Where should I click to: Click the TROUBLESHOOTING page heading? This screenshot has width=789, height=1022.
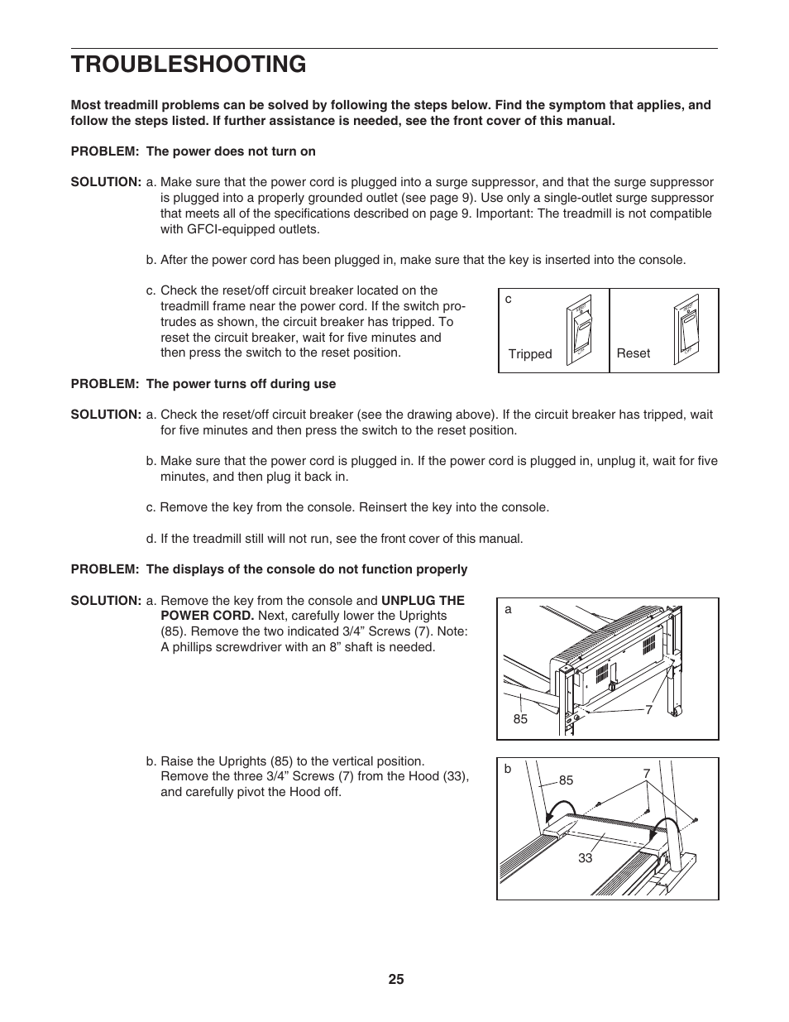point(189,64)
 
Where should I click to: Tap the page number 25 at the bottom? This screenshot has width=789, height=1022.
point(395,979)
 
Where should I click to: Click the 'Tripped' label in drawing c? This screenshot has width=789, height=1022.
point(529,354)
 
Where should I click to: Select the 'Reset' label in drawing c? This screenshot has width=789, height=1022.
point(634,353)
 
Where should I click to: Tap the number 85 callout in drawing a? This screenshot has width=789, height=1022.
point(519,719)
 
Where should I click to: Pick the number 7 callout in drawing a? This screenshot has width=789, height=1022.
point(649,710)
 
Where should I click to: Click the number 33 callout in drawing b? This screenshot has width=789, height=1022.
point(586,858)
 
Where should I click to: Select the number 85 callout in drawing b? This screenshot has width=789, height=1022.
point(566,780)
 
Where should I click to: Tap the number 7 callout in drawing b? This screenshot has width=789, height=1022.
point(647,774)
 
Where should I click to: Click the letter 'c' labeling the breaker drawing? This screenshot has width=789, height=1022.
point(509,299)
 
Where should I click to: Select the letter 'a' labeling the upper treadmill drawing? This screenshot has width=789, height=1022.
point(508,609)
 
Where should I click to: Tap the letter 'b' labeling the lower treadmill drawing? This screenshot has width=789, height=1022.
point(508,769)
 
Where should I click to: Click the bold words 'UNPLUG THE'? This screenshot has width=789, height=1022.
point(423,601)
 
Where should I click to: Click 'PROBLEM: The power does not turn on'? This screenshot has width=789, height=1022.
point(193,151)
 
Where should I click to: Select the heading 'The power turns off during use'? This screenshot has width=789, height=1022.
point(241,383)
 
